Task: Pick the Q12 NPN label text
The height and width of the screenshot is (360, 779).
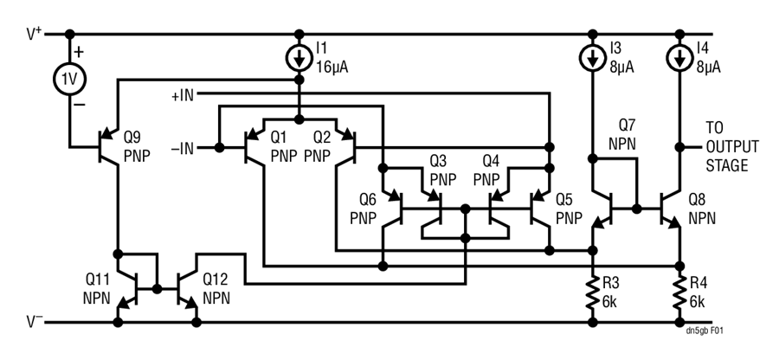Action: [x=217, y=287]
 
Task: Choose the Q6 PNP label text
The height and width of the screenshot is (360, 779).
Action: [x=364, y=209]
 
